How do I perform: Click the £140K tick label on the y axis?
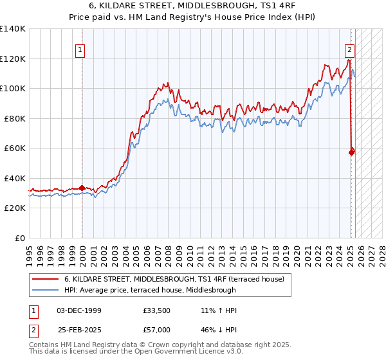click(13, 29)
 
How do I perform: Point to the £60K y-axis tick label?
click(15, 148)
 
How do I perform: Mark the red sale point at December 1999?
click(82, 188)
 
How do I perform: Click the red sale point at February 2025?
click(351, 152)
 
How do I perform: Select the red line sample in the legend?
click(45, 278)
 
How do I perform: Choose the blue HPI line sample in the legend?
click(45, 290)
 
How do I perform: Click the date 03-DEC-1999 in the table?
click(79, 310)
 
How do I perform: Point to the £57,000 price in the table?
click(157, 329)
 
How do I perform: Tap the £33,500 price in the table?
click(157, 310)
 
